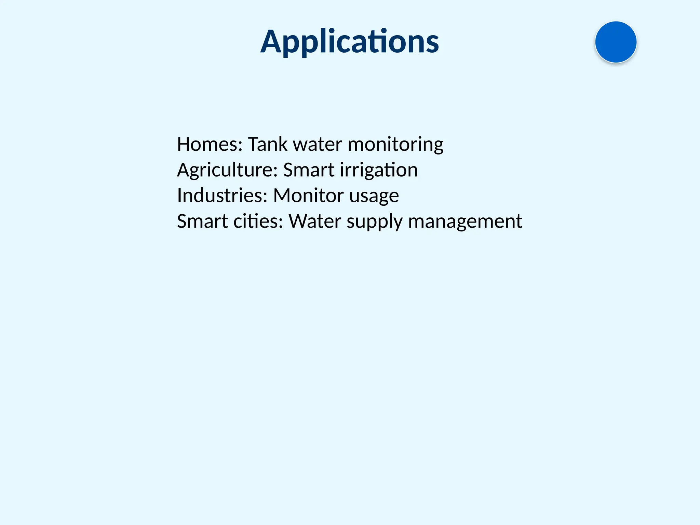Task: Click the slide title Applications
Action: (x=349, y=42)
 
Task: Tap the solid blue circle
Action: (x=616, y=42)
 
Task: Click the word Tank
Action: (x=268, y=144)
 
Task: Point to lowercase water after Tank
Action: (x=317, y=145)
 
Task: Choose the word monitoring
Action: (x=395, y=145)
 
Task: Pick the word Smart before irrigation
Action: (x=308, y=170)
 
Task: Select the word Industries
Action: (x=220, y=196)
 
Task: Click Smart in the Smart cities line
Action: (x=202, y=221)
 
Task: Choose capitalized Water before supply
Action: (x=315, y=221)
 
